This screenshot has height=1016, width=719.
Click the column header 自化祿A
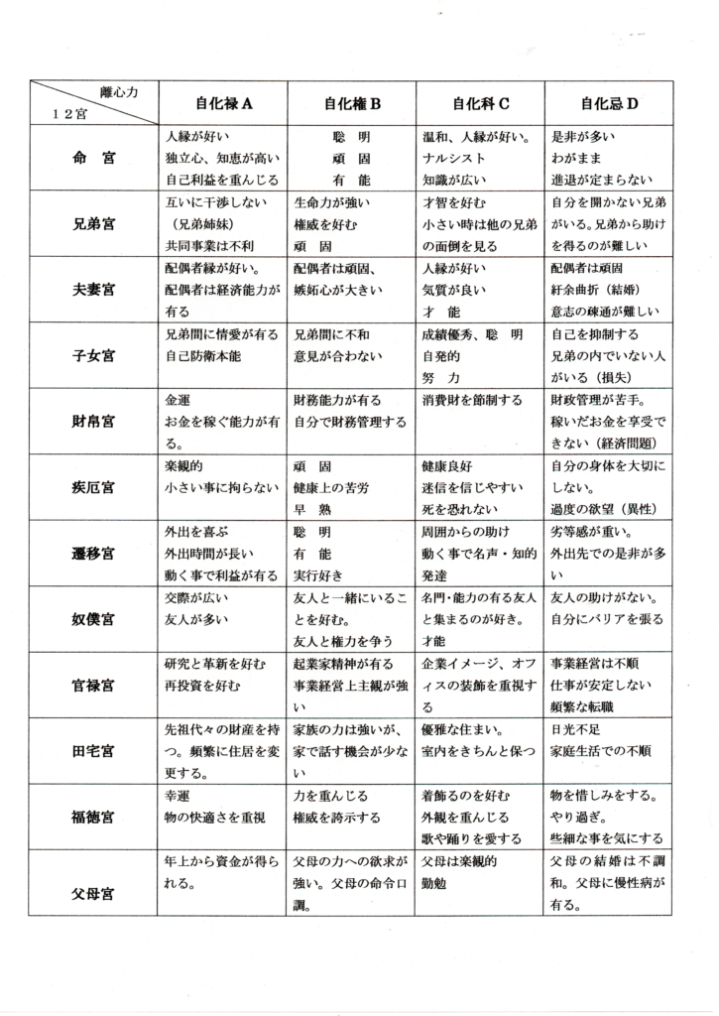225,102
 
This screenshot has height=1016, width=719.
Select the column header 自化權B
351,102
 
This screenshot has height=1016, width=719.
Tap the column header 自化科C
481,102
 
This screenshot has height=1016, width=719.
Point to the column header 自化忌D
609,102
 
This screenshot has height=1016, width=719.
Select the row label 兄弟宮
94,223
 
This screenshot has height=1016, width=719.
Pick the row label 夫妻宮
94,290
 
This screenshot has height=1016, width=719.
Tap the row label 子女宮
94,355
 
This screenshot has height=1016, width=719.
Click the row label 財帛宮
94,421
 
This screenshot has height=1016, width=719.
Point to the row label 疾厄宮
94,486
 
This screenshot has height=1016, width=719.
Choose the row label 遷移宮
94,552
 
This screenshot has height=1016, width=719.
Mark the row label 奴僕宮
94,618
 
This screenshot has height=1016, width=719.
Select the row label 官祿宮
94,684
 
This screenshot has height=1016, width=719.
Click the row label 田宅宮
94,749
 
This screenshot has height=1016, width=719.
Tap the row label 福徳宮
94,817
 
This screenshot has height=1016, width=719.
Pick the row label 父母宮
94,894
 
